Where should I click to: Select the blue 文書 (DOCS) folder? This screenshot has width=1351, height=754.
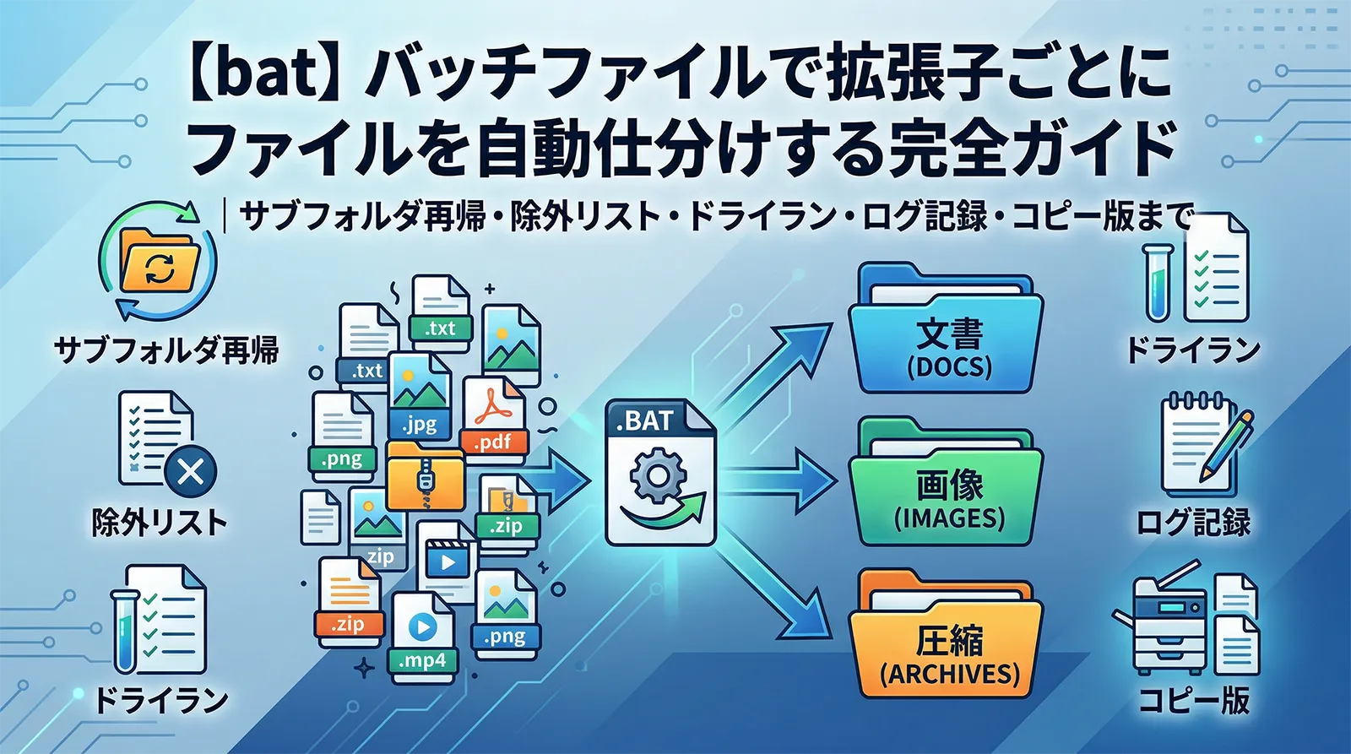tap(946, 334)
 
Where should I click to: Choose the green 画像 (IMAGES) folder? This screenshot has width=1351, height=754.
tap(946, 490)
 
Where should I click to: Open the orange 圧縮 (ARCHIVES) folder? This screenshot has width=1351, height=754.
tap(946, 642)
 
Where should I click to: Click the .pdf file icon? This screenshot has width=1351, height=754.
tap(494, 418)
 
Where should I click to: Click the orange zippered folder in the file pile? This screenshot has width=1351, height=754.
tap(425, 477)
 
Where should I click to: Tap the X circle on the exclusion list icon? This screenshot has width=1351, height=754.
tap(191, 470)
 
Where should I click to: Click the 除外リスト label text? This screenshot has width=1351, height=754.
tap(160, 523)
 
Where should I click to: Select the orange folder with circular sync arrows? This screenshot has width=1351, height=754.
tap(160, 262)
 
